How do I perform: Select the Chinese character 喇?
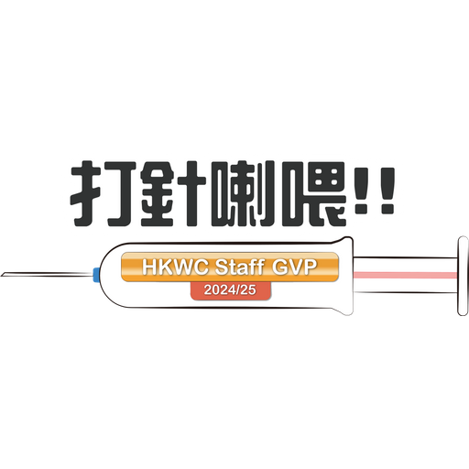tap(243, 193)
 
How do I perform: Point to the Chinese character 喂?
tap(314, 193)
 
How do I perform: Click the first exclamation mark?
tap(363, 191)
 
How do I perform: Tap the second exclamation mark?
tap(387, 191)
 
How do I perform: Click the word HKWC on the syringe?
tap(175, 267)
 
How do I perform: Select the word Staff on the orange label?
tap(239, 267)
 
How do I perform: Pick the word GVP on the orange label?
tap(294, 267)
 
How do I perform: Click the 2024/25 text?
tap(230, 289)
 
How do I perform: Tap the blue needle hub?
tap(96, 275)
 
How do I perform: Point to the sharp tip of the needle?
tap(1, 275)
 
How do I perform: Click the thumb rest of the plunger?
tap(463, 276)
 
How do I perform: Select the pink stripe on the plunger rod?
tap(405, 275)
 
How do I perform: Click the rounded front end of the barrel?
tap(103, 275)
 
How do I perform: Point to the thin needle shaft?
tap(47, 275)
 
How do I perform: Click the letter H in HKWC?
tap(148, 267)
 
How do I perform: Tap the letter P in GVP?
tap(311, 267)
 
